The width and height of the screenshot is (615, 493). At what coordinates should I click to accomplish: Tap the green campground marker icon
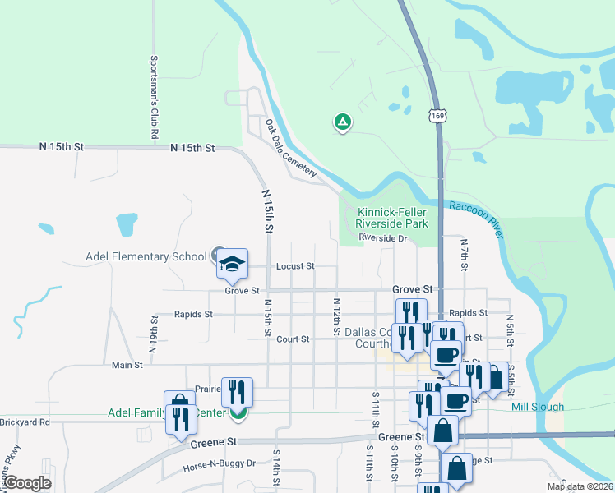(x=343, y=122)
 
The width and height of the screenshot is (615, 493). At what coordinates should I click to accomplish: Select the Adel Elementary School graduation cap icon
(x=232, y=263)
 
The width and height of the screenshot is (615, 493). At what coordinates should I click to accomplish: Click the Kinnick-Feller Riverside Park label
(x=392, y=218)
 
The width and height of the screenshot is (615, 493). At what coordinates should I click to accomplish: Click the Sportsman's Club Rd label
(x=154, y=96)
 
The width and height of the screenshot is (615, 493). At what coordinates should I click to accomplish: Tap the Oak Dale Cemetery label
(x=290, y=149)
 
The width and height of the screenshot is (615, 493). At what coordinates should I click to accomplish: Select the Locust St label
(x=295, y=266)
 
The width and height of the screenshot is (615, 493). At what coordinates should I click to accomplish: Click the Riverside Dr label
(x=383, y=238)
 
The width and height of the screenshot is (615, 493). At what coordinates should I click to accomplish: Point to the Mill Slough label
(x=538, y=407)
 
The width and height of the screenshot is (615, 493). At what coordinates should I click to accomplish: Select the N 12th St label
(x=336, y=316)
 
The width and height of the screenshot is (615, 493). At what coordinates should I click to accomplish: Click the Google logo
(x=27, y=483)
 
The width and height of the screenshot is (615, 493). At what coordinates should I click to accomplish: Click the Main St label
(x=127, y=364)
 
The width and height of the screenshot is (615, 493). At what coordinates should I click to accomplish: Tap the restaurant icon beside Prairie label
(x=237, y=392)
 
